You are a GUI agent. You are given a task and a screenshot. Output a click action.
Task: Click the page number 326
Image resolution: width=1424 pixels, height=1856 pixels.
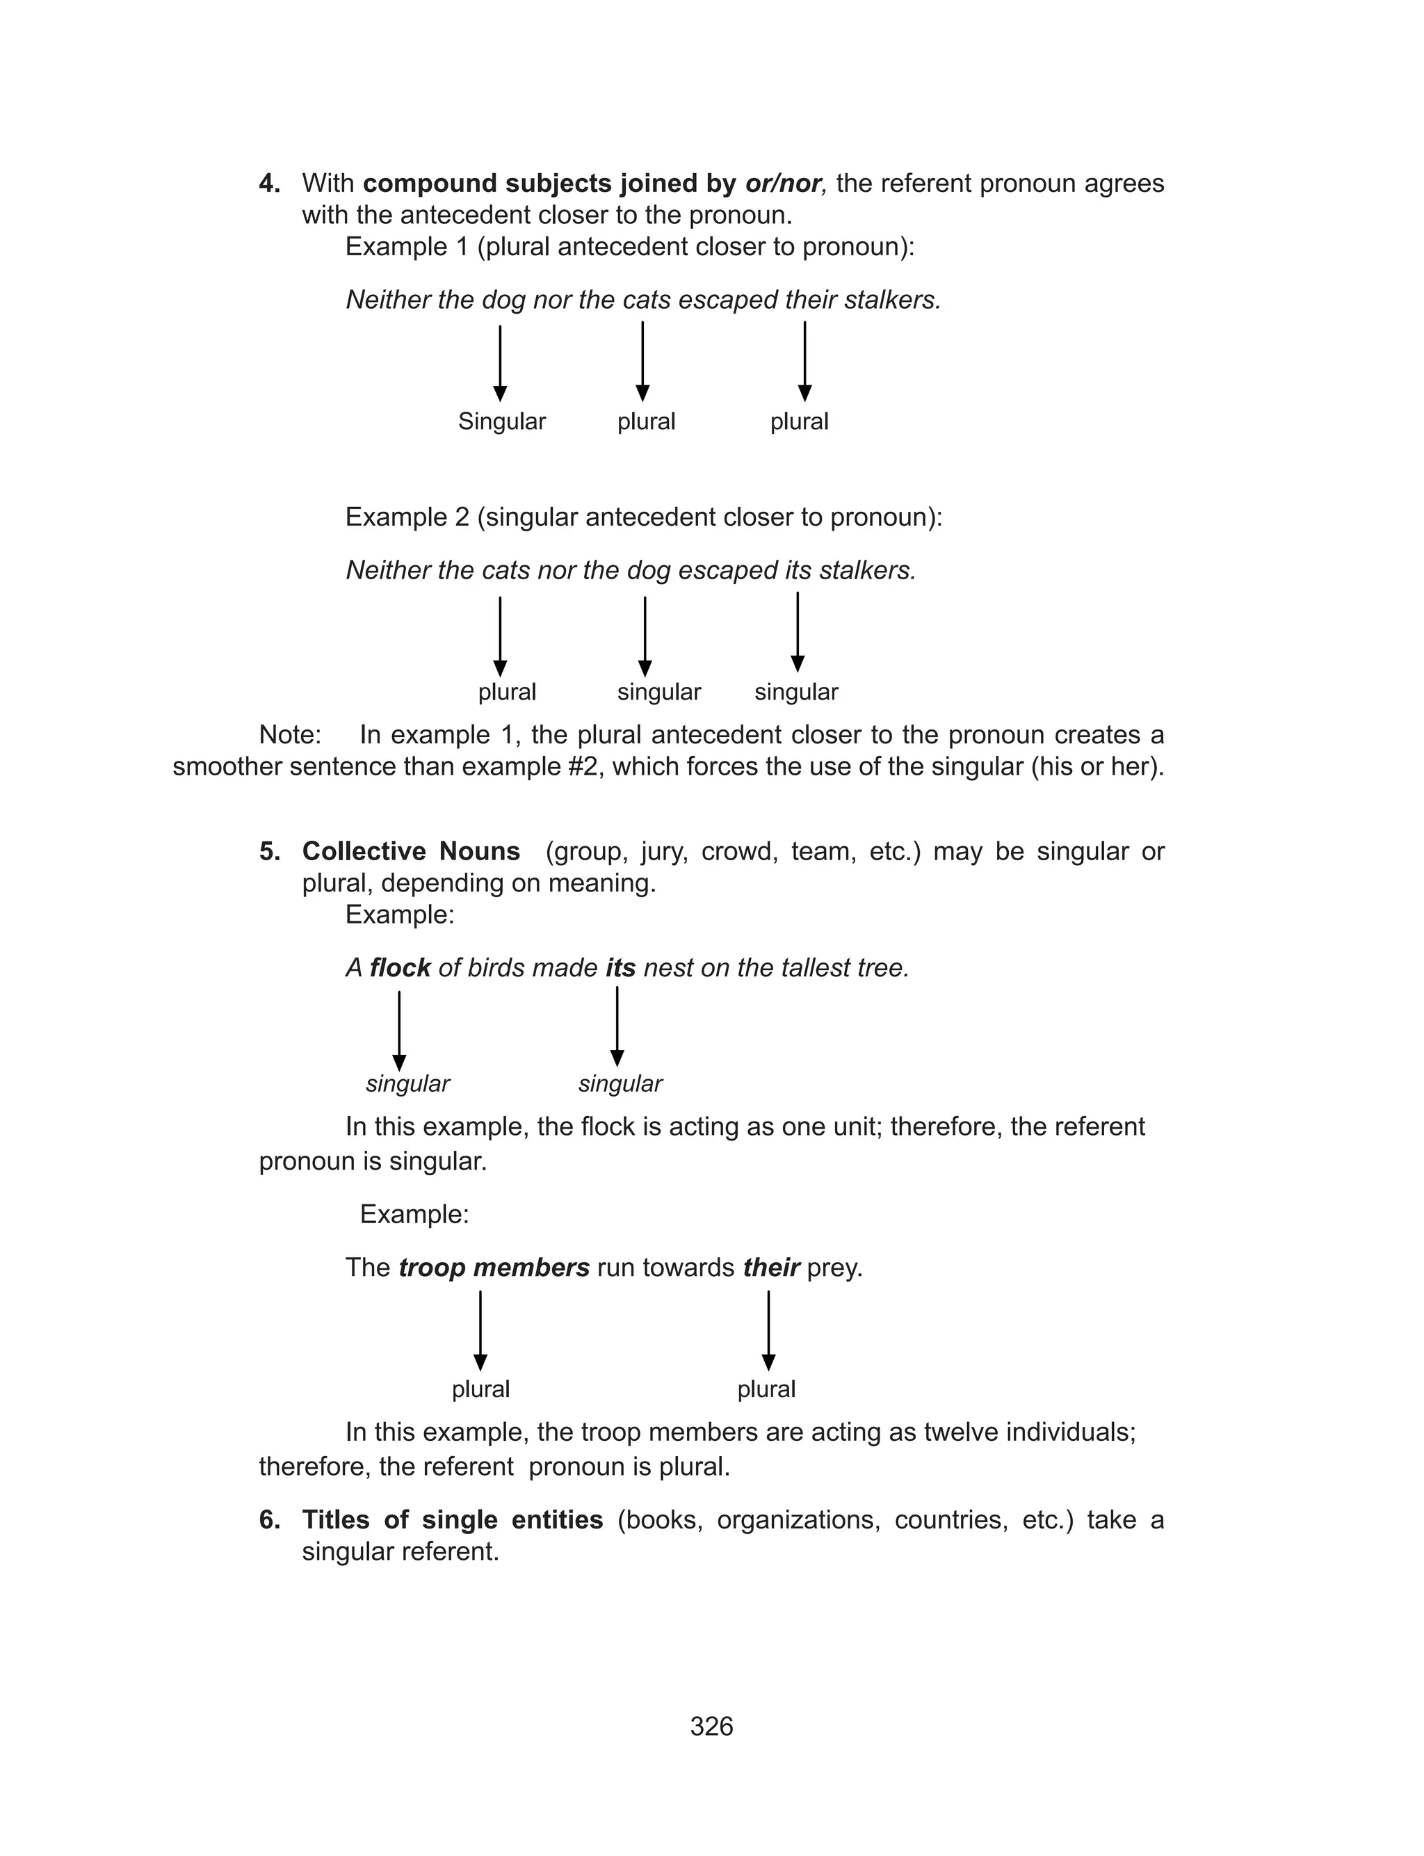coord(711,1727)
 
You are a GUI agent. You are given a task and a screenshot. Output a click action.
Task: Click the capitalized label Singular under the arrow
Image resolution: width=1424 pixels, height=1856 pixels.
coord(502,421)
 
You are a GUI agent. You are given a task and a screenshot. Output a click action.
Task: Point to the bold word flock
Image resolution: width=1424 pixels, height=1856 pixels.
coord(400,968)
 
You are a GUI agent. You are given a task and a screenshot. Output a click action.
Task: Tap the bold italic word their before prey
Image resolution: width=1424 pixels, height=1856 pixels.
coord(770,1268)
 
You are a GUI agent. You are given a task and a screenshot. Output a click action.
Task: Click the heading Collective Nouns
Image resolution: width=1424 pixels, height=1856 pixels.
coord(411,851)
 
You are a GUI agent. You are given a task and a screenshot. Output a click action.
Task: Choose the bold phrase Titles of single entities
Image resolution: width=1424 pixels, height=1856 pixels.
coord(453,1519)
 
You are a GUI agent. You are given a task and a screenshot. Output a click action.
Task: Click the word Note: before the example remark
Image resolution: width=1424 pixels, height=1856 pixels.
coord(290,735)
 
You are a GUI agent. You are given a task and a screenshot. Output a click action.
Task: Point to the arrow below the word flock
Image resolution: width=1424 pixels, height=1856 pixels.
coord(399,1031)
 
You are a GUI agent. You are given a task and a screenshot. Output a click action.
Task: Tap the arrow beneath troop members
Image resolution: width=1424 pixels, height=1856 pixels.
coord(480,1330)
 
